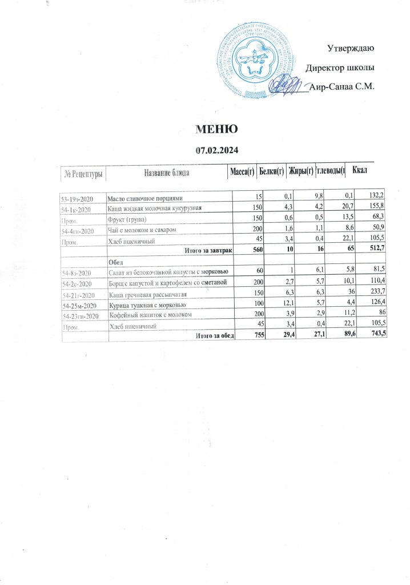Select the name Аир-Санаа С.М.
[341, 87]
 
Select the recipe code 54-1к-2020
[79, 207]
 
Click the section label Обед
[116, 261]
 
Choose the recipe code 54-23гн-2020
[83, 315]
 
